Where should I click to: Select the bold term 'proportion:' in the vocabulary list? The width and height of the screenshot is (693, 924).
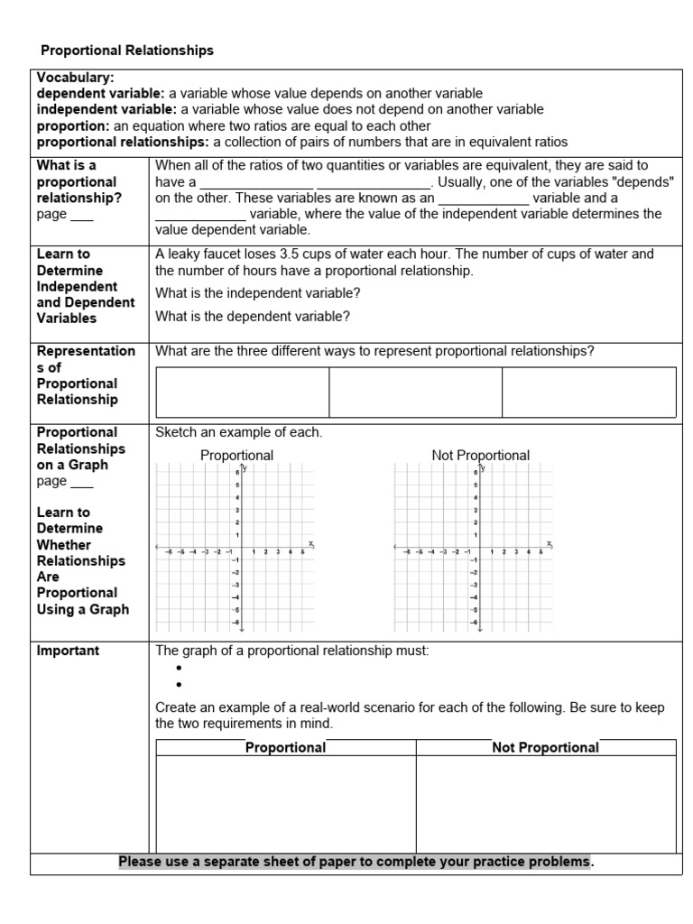73,126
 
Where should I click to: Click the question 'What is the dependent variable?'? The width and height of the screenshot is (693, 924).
253,316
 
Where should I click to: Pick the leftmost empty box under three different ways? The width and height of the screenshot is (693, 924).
242,392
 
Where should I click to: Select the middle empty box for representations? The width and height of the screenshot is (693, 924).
415,392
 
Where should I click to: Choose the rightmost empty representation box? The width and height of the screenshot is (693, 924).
588,392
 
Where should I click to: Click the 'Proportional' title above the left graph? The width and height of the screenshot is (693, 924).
236,456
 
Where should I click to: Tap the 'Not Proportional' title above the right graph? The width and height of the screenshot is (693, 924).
480,456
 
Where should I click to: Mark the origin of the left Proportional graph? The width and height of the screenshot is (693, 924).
242,546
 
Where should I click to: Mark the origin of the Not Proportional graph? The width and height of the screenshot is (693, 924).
481,546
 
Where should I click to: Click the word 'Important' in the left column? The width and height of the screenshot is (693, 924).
68,651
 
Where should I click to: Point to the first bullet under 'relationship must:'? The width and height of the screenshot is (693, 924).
180,669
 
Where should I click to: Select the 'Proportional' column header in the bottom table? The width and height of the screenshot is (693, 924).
286,747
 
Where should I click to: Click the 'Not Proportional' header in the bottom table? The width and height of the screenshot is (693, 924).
545,747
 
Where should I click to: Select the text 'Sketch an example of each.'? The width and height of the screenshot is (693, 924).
238,432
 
